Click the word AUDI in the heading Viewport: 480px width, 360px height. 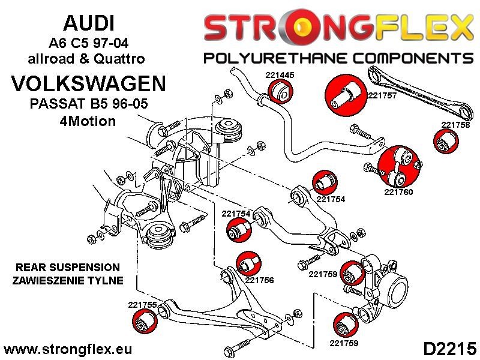coord(88,23)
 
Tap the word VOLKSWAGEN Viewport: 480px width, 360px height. coord(89,83)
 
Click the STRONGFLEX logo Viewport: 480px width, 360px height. coord(338,28)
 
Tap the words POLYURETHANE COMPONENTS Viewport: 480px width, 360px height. coord(338,58)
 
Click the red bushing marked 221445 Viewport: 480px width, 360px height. coord(281,92)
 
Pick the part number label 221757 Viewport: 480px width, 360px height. coord(382,95)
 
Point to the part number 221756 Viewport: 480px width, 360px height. coord(259,280)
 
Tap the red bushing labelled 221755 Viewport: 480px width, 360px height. coord(145,322)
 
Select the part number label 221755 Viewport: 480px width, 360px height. coord(142,305)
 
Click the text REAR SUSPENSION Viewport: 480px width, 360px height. coord(68,268)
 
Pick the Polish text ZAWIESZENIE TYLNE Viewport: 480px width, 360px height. coord(68,280)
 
